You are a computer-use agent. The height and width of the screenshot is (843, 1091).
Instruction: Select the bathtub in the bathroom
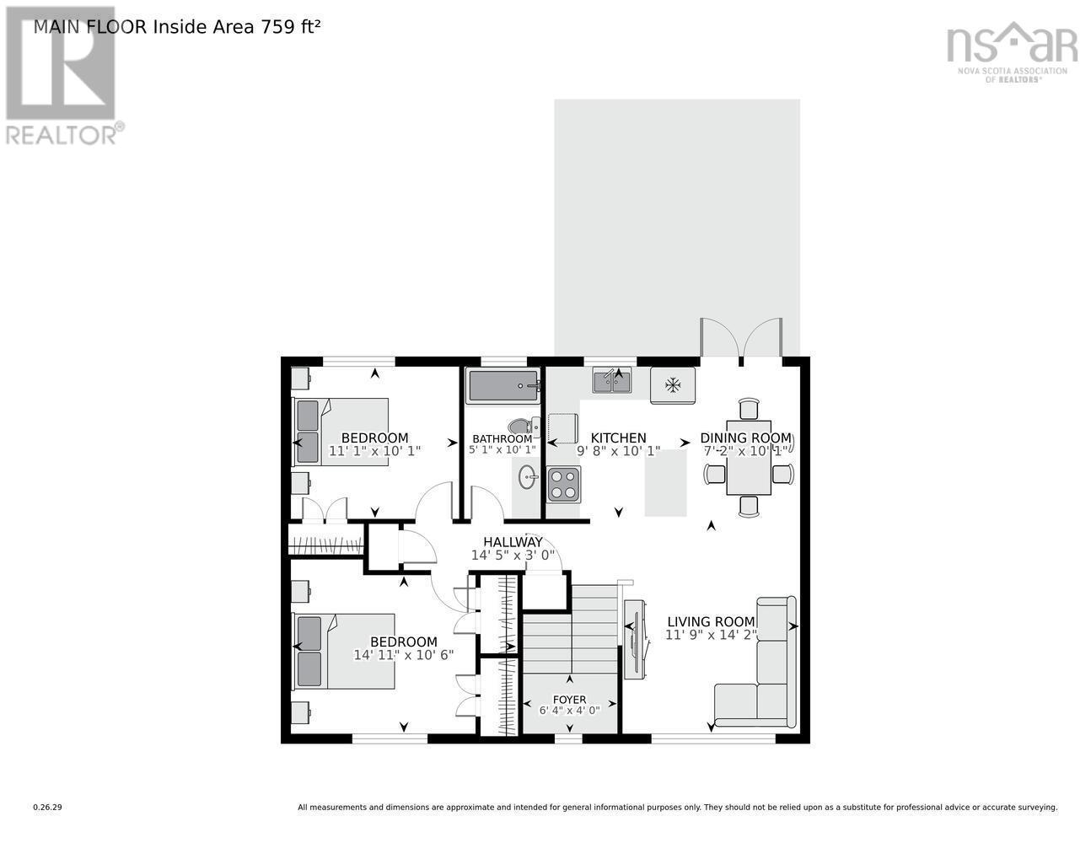[503, 386]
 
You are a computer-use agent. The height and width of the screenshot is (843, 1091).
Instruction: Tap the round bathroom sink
[529, 478]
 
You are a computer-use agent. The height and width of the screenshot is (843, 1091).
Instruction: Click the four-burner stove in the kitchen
[563, 484]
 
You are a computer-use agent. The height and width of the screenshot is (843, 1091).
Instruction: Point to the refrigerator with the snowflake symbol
[672, 385]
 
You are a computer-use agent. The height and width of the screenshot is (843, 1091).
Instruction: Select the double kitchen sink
[613, 382]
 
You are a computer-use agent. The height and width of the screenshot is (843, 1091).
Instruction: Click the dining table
[749, 459]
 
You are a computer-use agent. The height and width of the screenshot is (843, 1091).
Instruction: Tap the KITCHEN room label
[618, 438]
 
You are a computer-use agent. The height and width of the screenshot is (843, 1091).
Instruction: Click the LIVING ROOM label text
[710, 622]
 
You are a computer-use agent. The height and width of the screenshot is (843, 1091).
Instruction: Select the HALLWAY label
[513, 542]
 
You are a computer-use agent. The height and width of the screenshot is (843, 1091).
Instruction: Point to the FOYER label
[569, 700]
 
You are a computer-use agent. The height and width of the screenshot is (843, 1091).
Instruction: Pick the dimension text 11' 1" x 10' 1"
[374, 451]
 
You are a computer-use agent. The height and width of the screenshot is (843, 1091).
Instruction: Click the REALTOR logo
[62, 76]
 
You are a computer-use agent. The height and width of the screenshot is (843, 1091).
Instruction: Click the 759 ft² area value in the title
[291, 26]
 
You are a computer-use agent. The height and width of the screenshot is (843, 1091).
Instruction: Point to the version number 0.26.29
[47, 807]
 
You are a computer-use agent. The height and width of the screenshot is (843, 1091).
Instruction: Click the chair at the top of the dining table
[749, 409]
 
